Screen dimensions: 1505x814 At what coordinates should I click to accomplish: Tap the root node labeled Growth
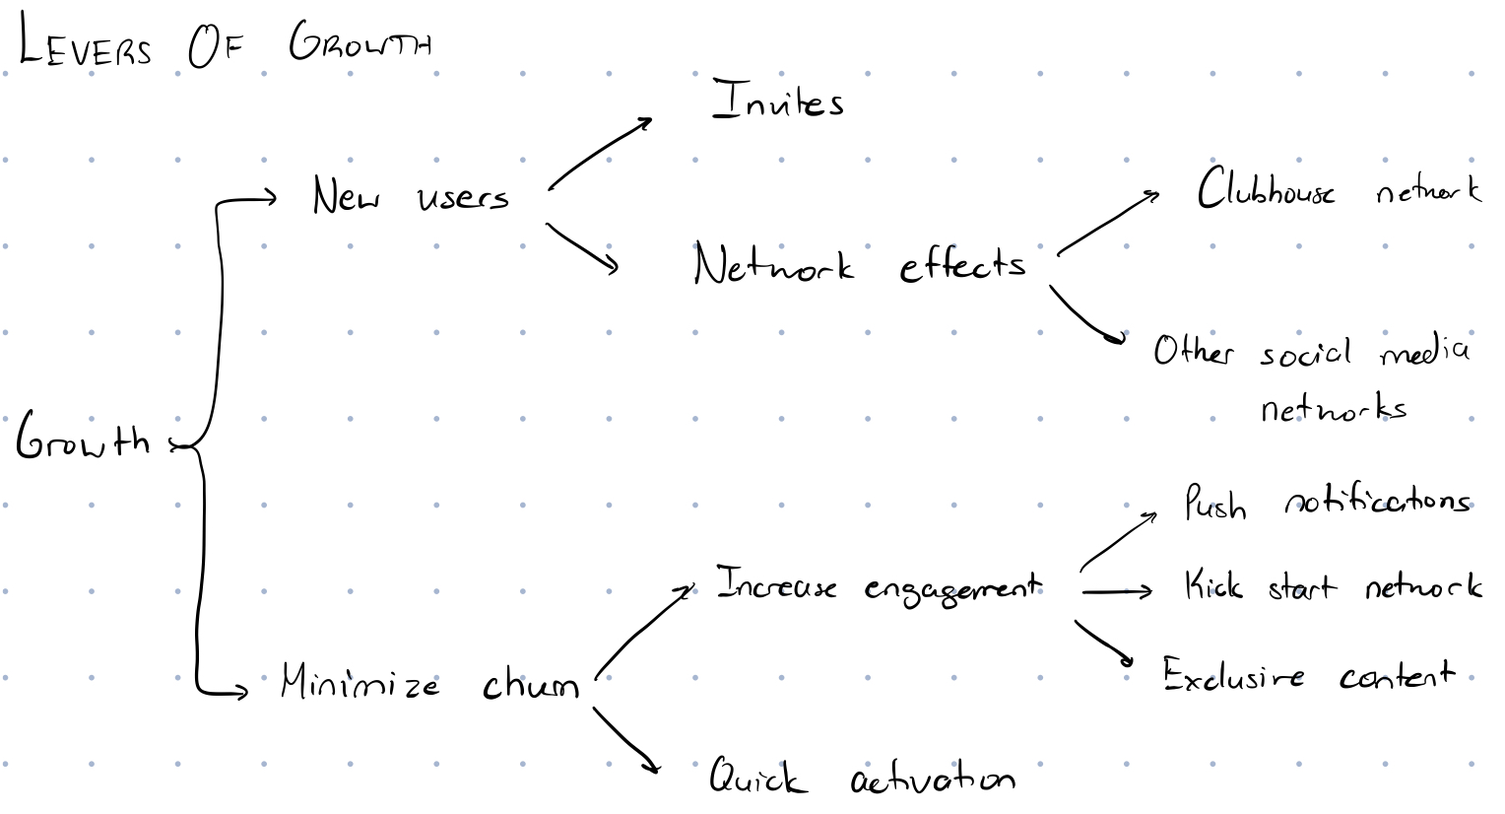83,436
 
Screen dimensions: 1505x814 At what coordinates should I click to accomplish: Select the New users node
411,196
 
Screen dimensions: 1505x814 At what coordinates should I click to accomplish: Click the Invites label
777,101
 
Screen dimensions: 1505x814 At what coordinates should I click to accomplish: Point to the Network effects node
860,263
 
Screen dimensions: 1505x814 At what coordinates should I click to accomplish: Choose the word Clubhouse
1266,188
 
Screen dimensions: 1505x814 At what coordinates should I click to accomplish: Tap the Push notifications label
1328,503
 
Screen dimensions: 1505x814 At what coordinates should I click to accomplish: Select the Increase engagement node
879,586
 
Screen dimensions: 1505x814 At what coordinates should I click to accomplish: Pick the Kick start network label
1333,585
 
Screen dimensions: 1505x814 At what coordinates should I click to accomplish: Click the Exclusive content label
1309,674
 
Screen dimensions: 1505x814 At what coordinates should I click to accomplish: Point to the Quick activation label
863,776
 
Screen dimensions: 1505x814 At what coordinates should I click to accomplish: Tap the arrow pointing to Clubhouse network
1107,223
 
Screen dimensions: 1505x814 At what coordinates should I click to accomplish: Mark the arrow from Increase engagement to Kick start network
1117,592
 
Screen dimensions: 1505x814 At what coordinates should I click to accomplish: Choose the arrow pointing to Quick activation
624,738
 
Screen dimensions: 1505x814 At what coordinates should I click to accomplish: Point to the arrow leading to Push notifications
1117,540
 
